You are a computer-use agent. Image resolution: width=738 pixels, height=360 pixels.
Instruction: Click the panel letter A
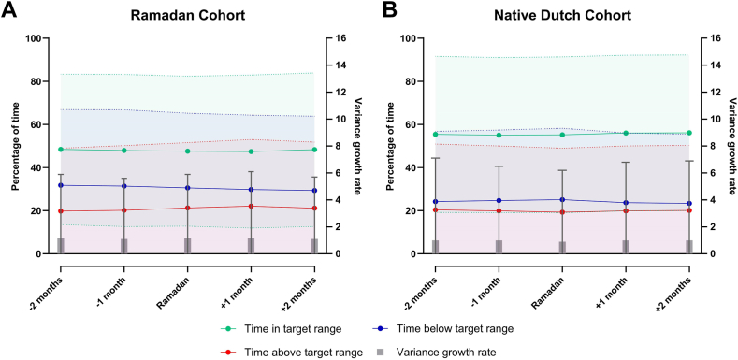[x=9, y=11]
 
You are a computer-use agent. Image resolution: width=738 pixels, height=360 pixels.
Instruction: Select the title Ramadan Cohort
[x=187, y=15]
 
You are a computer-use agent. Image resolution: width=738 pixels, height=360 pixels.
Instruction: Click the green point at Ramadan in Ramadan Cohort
[x=187, y=151]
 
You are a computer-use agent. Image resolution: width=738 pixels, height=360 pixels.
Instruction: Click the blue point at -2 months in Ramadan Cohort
[x=61, y=185]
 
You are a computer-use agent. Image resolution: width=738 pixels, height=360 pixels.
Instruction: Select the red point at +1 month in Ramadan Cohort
[x=251, y=207]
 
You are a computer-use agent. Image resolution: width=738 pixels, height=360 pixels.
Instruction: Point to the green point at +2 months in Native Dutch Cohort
[x=689, y=133]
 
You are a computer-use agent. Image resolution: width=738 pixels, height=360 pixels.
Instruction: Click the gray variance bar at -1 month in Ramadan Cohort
[x=124, y=246]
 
